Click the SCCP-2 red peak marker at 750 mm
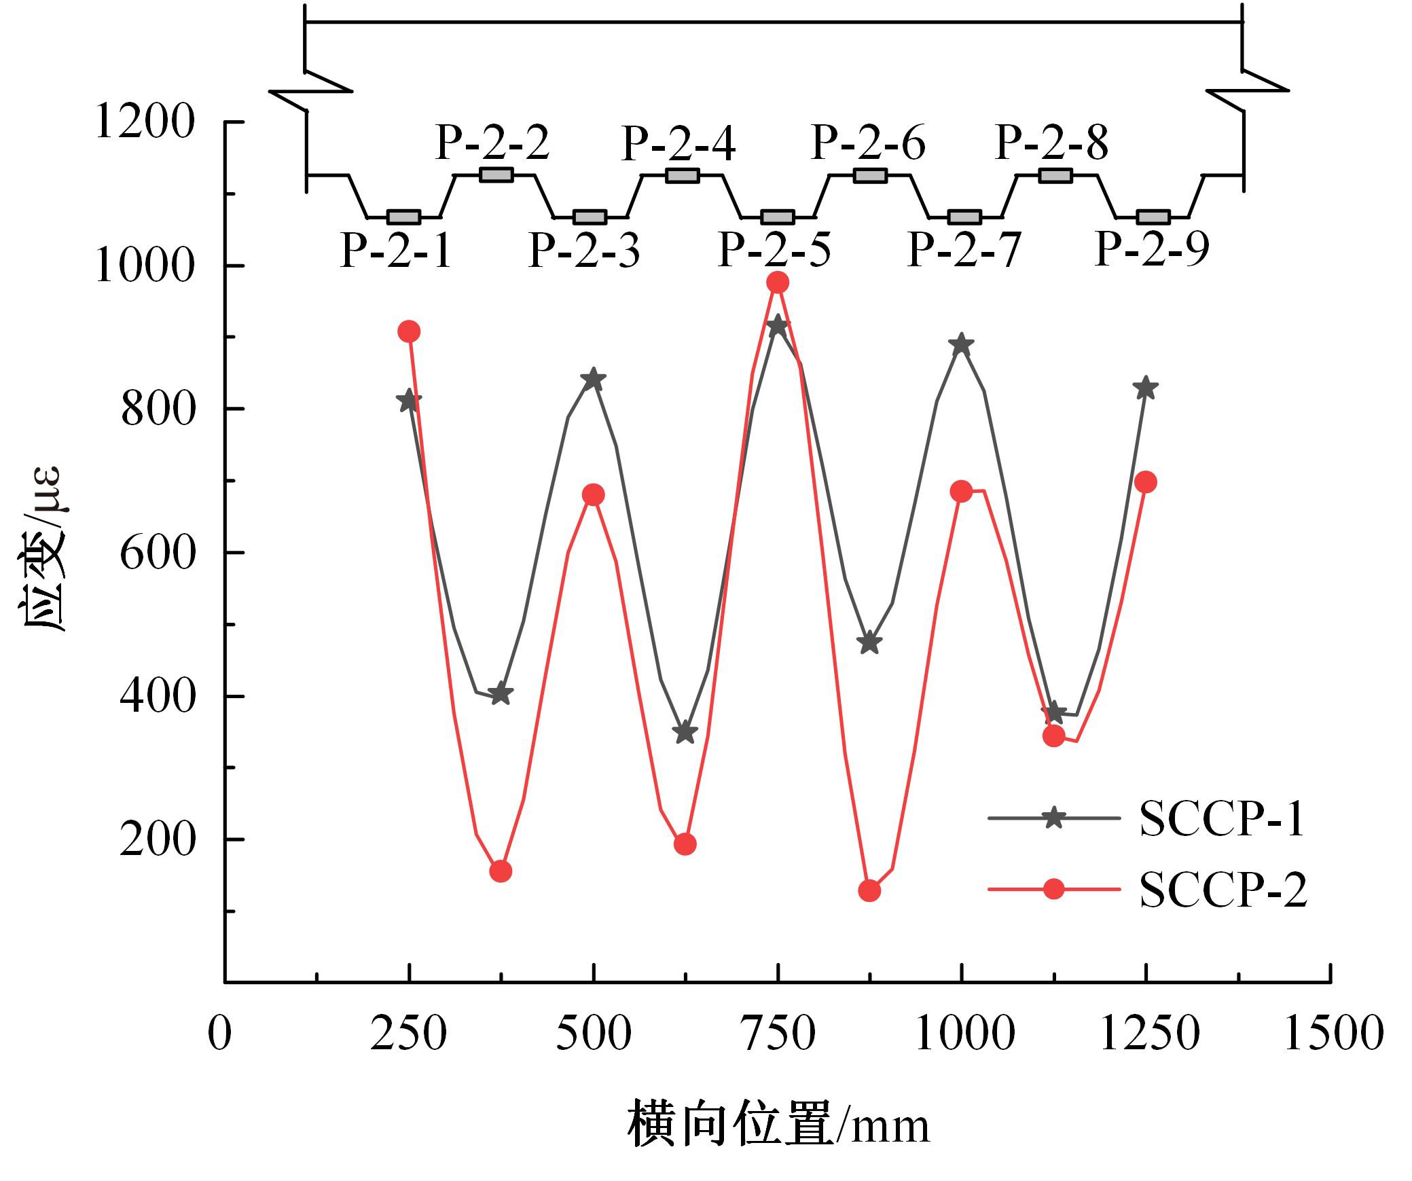pyautogui.click(x=778, y=283)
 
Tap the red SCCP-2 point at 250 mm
pyautogui.click(x=409, y=332)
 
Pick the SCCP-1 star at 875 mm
pyautogui.click(x=869, y=642)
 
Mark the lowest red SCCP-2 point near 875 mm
pyautogui.click(x=869, y=890)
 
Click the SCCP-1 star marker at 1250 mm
pyautogui.click(x=1146, y=388)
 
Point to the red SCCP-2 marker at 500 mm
pyautogui.click(x=594, y=494)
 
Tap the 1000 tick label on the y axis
pyautogui.click(x=145, y=266)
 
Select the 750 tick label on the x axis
pyautogui.click(x=778, y=1034)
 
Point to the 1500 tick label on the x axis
pyautogui.click(x=1332, y=1034)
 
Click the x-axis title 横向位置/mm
pyautogui.click(x=778, y=1126)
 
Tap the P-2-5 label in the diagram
pyautogui.click(x=774, y=250)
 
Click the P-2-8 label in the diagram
pyautogui.click(x=1051, y=143)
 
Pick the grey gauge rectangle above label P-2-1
pyautogui.click(x=403, y=217)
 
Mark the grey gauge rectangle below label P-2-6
pyautogui.click(x=870, y=175)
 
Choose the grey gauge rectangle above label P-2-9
pyautogui.click(x=1153, y=217)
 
